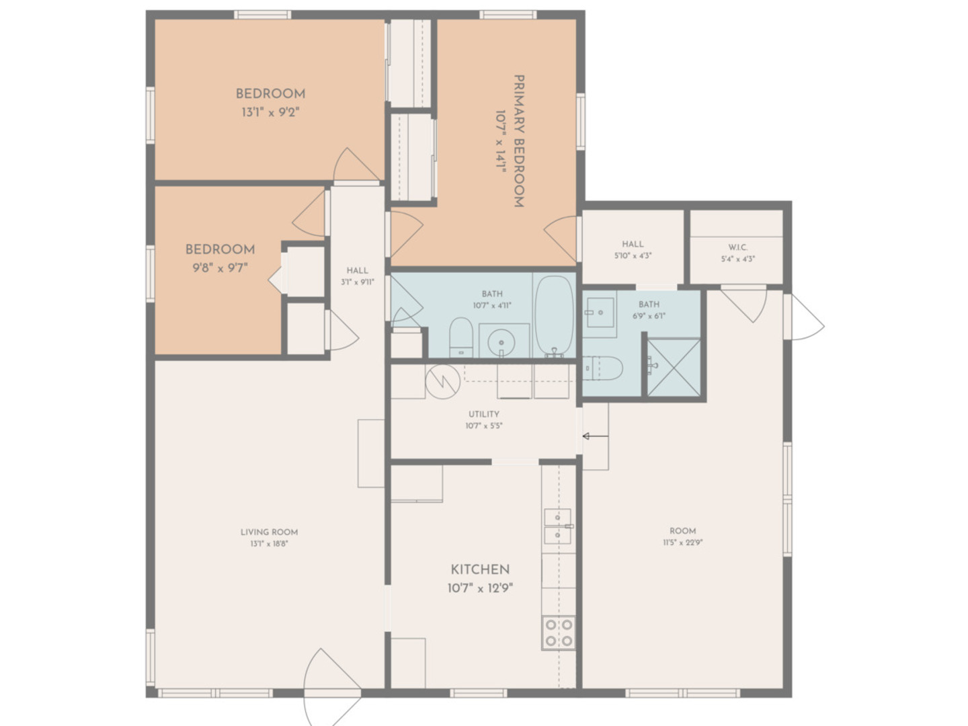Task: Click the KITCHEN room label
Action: tap(480, 569)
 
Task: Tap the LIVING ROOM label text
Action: tap(269, 532)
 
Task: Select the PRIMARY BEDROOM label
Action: tap(519, 141)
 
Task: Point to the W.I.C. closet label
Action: tap(738, 247)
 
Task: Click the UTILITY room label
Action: tap(484, 414)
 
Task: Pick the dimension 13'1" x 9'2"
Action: tap(270, 112)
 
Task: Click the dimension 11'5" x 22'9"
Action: tap(683, 542)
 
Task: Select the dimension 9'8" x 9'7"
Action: tap(220, 268)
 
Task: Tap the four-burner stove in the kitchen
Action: tap(559, 633)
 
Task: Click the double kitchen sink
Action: tap(557, 526)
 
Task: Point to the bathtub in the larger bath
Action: tap(555, 317)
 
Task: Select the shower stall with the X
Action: tap(674, 367)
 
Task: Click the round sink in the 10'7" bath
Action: tap(501, 342)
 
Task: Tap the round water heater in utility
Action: tap(442, 381)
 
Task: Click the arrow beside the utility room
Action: tap(596, 436)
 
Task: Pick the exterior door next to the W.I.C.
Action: tap(804, 317)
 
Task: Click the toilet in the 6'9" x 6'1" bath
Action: tap(602, 368)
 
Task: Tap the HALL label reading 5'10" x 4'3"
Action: tap(633, 249)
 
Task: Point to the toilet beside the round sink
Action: tap(461, 337)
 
